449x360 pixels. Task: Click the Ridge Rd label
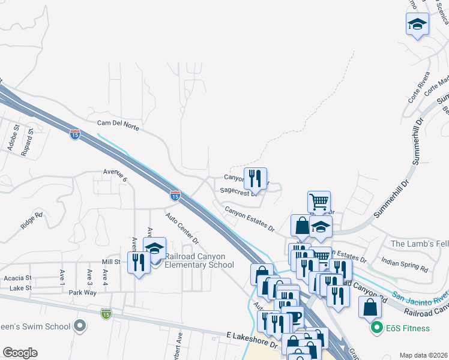point(32,220)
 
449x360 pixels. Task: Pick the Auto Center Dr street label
point(182,227)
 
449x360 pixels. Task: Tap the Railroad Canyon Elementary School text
point(199,260)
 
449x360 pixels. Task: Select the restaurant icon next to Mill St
point(139,262)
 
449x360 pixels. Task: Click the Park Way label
point(82,293)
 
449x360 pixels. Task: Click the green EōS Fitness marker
point(376,328)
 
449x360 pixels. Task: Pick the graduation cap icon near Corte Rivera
point(417,24)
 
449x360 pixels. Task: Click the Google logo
point(20,352)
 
